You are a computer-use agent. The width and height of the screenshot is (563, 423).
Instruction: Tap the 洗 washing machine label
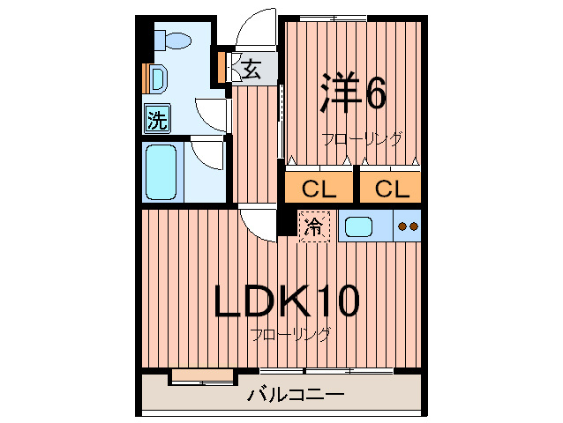pos(157,119)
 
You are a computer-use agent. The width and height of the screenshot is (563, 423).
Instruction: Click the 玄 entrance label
pos(251,68)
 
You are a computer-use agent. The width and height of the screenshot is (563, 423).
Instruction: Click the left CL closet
pos(319,189)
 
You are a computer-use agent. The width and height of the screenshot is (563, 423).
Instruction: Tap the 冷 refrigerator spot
pos(313,226)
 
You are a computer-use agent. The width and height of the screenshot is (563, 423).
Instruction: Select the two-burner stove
pos(408,226)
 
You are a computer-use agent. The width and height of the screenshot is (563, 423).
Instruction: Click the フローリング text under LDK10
pos(290,335)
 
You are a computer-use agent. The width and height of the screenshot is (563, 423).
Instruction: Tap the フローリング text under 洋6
pos(362,138)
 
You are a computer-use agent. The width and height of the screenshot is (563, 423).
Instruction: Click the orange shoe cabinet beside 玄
pos(222,67)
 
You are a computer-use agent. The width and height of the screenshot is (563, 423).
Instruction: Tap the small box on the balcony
pos(202,377)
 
